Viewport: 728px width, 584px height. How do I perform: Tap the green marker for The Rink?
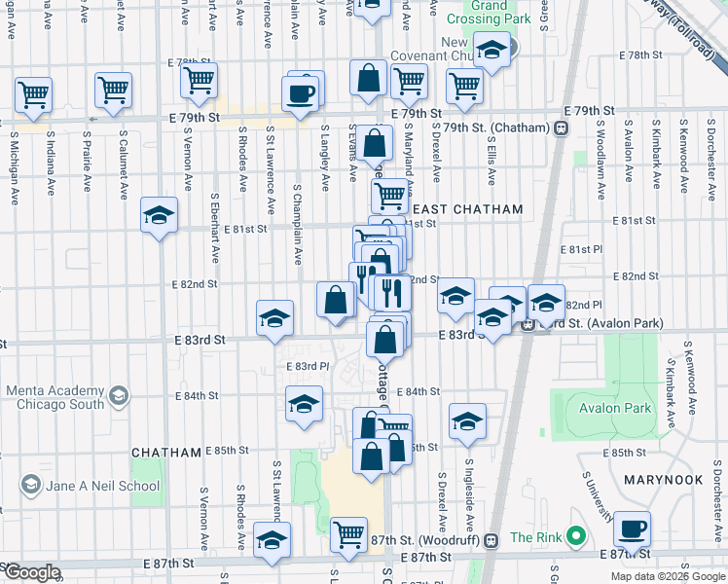[x=576, y=536]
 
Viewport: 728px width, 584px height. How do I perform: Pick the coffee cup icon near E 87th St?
[x=633, y=529]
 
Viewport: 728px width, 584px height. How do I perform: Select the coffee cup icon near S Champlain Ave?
[x=300, y=93]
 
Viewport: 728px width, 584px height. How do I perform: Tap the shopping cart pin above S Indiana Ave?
[x=33, y=95]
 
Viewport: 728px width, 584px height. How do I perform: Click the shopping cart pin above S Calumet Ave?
[x=114, y=91]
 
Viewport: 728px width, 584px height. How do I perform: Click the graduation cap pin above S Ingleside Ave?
[x=467, y=420]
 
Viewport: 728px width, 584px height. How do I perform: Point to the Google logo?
[x=32, y=572]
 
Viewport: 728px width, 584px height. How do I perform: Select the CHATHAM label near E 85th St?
[x=165, y=453]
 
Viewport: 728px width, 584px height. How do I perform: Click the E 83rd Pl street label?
[x=308, y=366]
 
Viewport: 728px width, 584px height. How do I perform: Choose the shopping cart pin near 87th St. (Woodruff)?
[x=348, y=532]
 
